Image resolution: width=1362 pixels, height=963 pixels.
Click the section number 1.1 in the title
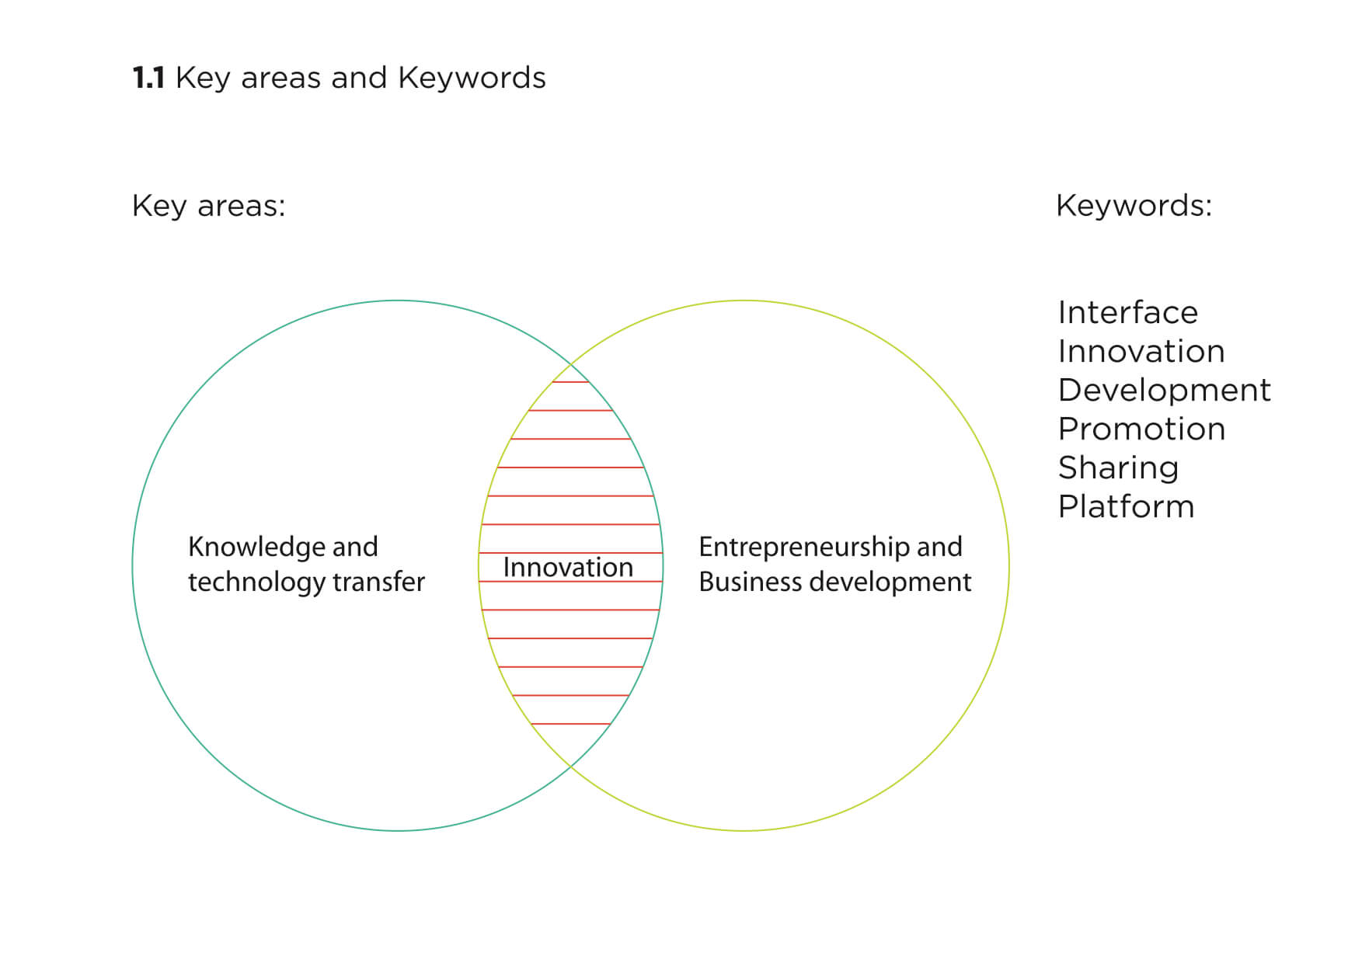pos(148,78)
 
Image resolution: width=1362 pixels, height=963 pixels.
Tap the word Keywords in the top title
pos(472,78)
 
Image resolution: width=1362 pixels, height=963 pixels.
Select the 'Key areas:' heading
pos(208,206)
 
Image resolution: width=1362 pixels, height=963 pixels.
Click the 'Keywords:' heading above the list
pos(1133,206)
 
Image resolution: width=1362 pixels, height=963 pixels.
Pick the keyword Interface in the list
pos(1127,313)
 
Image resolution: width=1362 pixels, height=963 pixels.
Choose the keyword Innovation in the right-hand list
pos(1141,352)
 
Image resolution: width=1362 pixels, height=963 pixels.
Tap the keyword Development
pos(1164,391)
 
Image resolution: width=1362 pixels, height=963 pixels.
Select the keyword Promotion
pos(1141,429)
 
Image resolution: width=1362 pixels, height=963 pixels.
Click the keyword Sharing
pos(1118,468)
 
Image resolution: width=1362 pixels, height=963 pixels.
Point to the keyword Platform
pos(1126,507)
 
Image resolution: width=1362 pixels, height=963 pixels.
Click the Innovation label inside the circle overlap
pos(568,568)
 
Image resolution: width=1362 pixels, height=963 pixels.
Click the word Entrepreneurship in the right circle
pos(804,548)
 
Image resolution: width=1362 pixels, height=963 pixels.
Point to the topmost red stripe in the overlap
pos(571,382)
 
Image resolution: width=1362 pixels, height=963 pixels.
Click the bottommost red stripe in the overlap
pos(571,724)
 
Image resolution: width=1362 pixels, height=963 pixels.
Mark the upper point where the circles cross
pos(571,363)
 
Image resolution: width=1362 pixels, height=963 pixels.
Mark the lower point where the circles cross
pos(571,767)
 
